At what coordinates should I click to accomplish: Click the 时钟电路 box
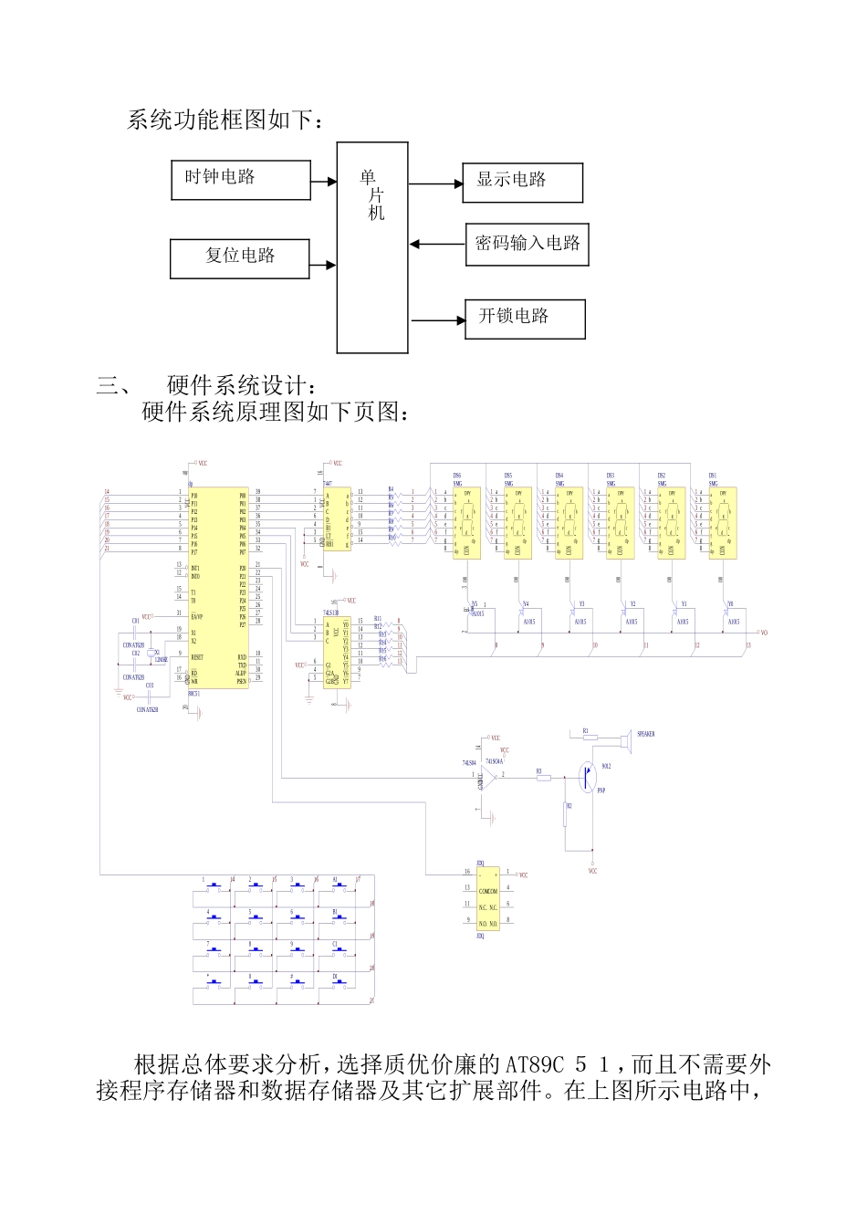pyautogui.click(x=241, y=180)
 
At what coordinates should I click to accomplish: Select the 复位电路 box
pyautogui.click(x=240, y=258)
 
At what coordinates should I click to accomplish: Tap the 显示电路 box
pyautogui.click(x=522, y=183)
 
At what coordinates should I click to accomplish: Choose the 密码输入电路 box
pyautogui.click(x=527, y=245)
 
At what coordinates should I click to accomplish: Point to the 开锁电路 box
pyautogui.click(x=525, y=319)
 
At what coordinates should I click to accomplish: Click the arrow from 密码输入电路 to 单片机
pyautogui.click(x=437, y=244)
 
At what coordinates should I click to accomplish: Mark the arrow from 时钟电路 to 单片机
pyautogui.click(x=324, y=182)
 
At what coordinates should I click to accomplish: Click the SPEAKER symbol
pyautogui.click(x=625, y=736)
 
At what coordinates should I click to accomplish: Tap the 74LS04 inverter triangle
pyautogui.click(x=487, y=776)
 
